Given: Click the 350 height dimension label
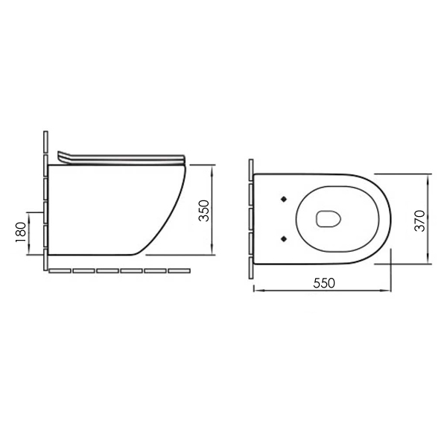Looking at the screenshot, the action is pyautogui.click(x=204, y=211).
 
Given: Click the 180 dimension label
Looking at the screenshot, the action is pyautogui.click(x=21, y=232).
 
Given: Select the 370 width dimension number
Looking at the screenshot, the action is pyautogui.click(x=420, y=221).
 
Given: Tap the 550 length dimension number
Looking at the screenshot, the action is pyautogui.click(x=324, y=283).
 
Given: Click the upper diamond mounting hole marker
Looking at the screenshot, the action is pyautogui.click(x=284, y=199).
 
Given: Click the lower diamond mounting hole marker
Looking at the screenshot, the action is pyautogui.click(x=284, y=238).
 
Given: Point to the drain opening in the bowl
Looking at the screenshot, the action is pyautogui.click(x=329, y=219).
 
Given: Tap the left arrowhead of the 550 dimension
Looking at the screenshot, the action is pyautogui.click(x=258, y=291).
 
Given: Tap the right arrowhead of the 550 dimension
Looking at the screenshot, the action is pyautogui.click(x=386, y=291).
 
